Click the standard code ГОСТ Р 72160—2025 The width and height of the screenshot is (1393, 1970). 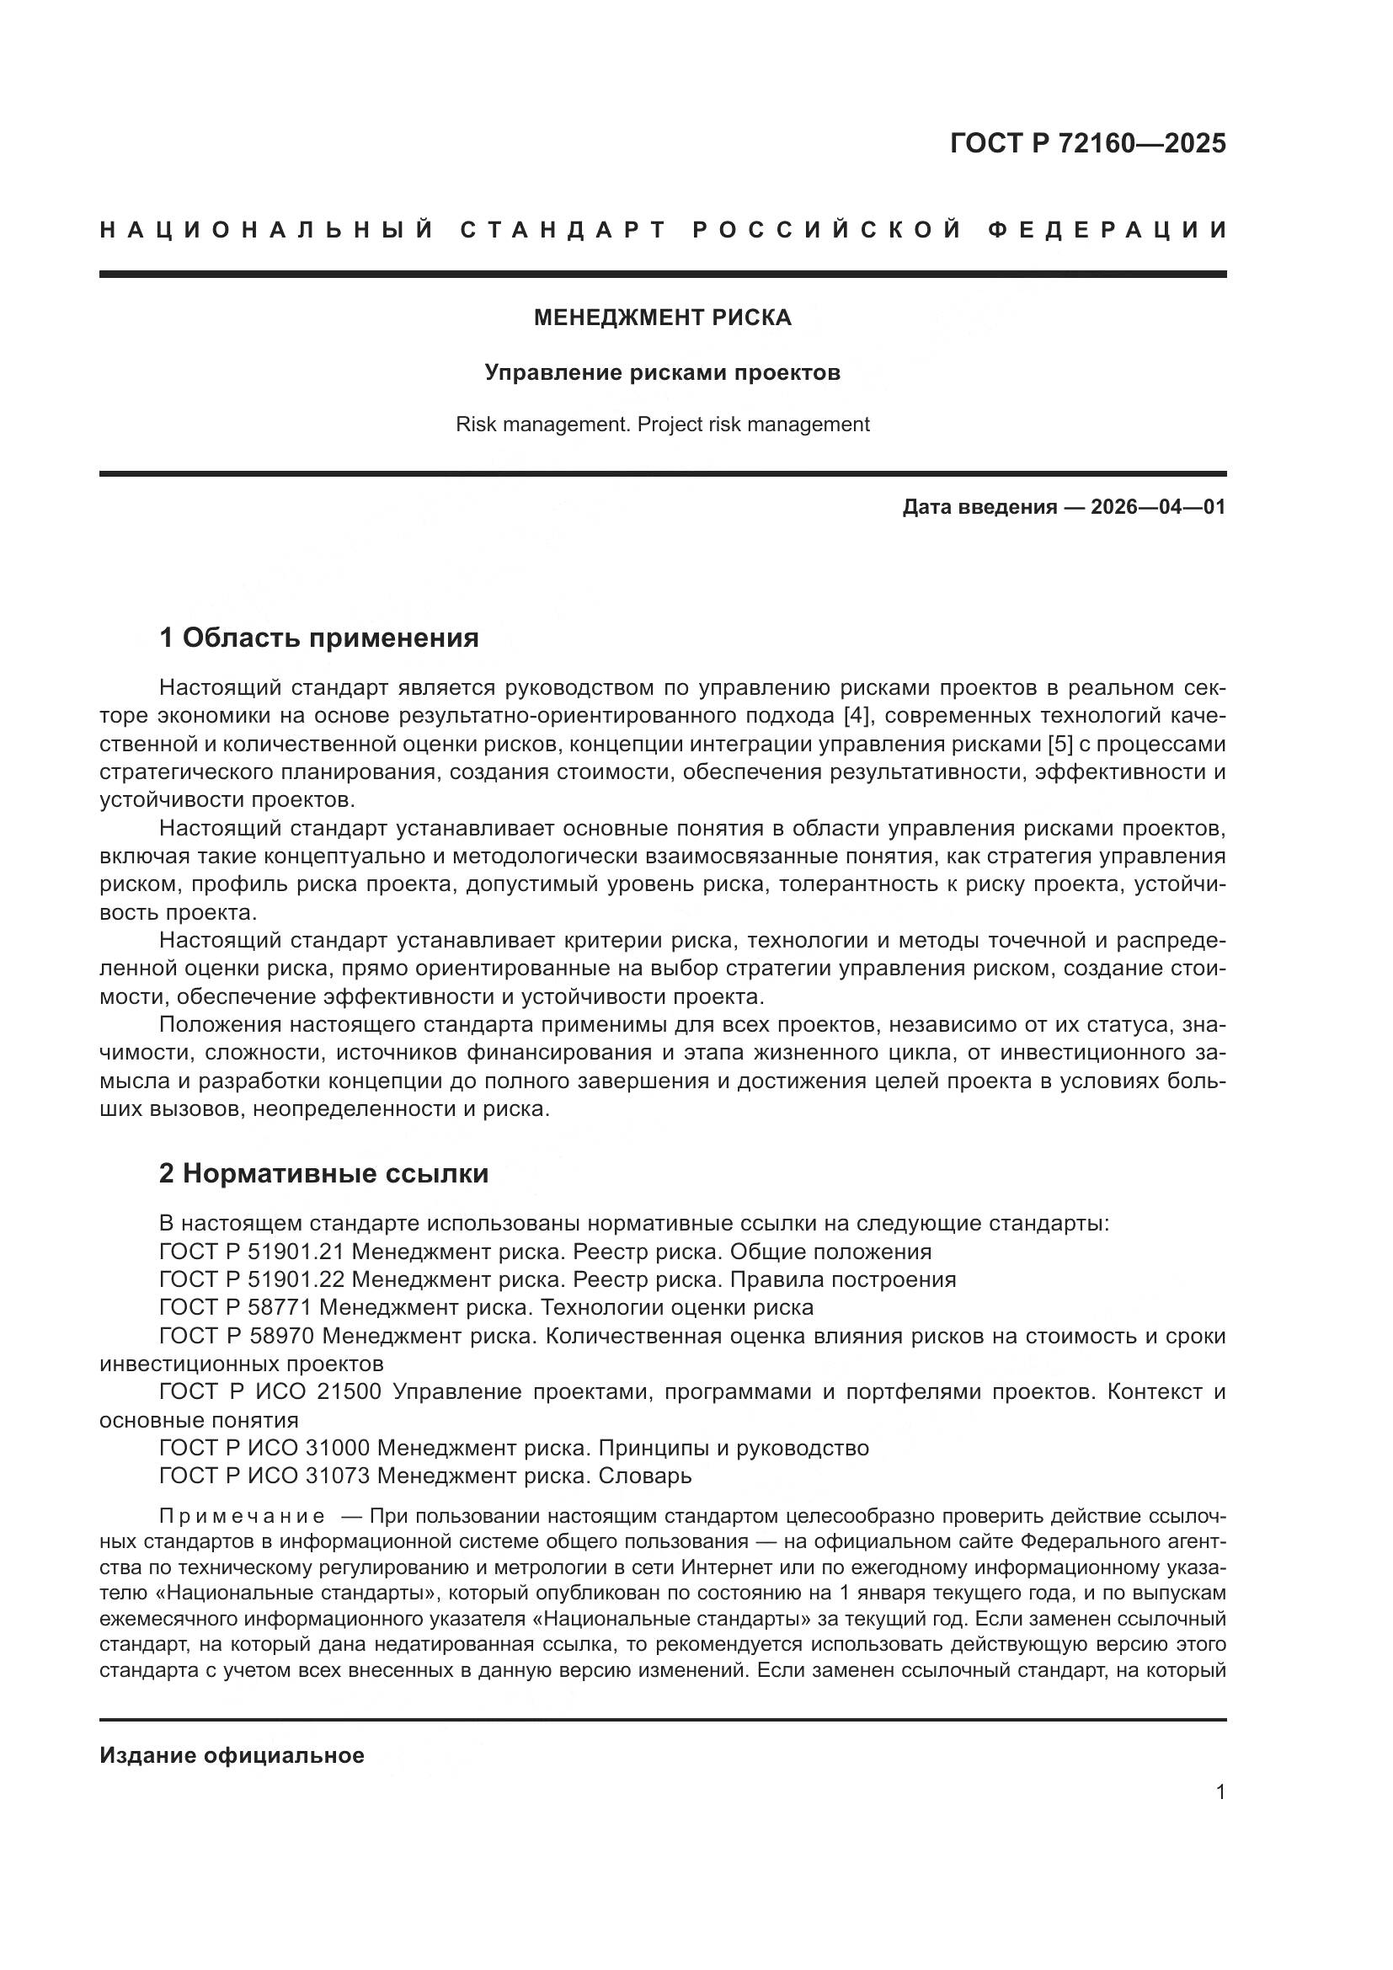click(1087, 143)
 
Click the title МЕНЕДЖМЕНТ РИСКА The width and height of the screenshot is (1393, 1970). click(662, 318)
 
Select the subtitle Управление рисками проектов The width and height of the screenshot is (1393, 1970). click(662, 372)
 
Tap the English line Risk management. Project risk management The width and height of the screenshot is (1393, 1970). click(662, 424)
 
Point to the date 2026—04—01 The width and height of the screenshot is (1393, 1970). click(1158, 507)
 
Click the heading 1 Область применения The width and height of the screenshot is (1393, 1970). click(318, 638)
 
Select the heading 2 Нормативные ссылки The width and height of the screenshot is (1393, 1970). click(323, 1173)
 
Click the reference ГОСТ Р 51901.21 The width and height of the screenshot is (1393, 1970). click(251, 1252)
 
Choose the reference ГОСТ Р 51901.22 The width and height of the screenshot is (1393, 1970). click(251, 1280)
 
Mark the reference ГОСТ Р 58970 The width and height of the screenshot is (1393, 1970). click(237, 1336)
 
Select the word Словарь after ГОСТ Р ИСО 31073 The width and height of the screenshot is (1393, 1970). click(644, 1476)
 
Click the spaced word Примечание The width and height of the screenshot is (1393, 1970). click(243, 1516)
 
